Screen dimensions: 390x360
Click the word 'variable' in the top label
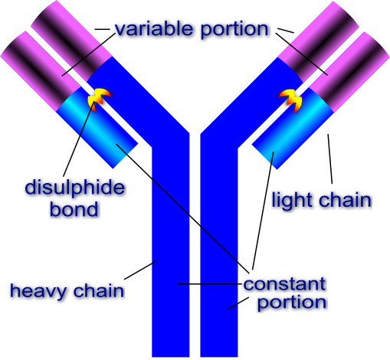coord(153,28)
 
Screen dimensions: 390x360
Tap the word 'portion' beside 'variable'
coord(234,30)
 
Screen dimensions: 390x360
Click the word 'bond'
coord(74,209)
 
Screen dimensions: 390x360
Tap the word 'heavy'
coord(38,292)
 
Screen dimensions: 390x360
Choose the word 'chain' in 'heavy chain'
coord(99,290)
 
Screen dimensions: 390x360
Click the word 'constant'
coord(284,284)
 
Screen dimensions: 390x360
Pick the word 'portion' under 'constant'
coord(292,303)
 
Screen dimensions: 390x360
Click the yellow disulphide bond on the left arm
coord(99,98)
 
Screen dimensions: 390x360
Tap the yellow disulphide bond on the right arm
coord(290,100)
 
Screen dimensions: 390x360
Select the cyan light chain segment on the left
coord(97,128)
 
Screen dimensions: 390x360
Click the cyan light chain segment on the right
coord(293,129)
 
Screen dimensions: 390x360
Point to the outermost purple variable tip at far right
coord(349,72)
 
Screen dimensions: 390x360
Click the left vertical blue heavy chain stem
coord(171,251)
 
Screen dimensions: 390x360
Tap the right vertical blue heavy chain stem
coord(219,251)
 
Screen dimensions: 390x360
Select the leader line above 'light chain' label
coord(330,159)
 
